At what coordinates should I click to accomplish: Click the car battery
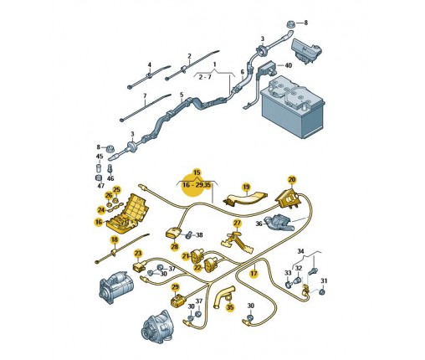click(x=293, y=107)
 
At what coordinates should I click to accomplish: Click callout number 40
click(x=288, y=65)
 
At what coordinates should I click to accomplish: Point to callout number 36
click(x=259, y=224)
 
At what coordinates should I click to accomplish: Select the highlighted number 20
click(x=292, y=179)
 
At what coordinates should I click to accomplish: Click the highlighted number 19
click(x=246, y=187)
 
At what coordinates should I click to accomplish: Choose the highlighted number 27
click(x=237, y=223)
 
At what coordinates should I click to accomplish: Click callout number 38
click(x=199, y=235)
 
